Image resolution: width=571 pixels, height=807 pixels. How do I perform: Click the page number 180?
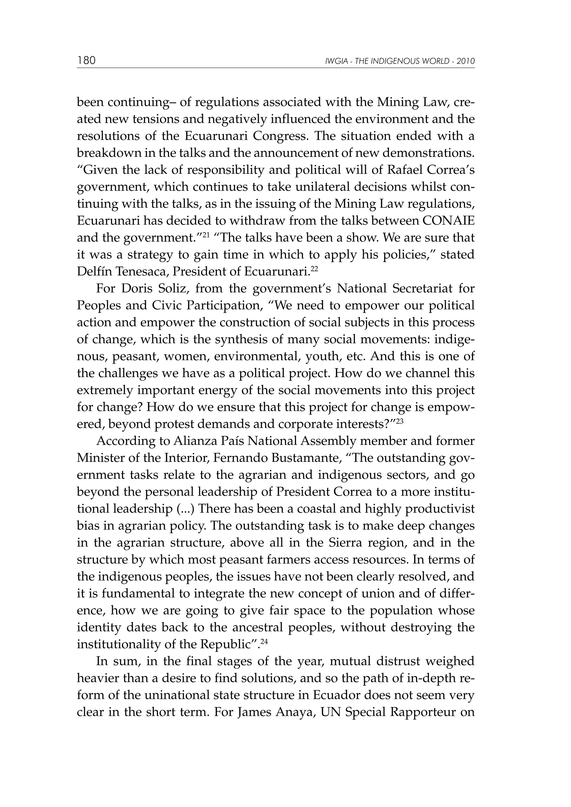point(86,60)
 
